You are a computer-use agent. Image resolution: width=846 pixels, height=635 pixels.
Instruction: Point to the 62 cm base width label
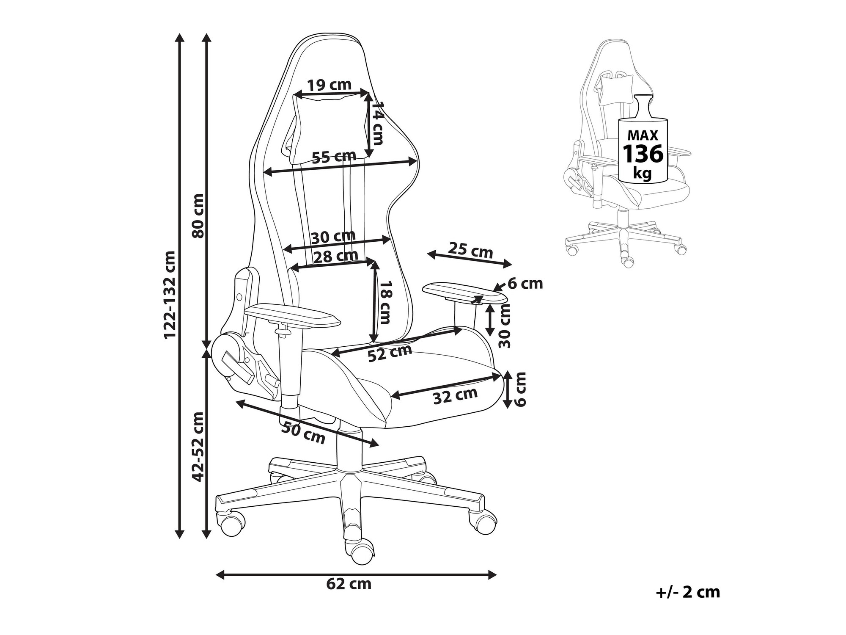click(x=349, y=584)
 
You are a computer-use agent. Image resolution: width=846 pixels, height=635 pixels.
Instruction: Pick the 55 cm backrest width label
click(x=334, y=157)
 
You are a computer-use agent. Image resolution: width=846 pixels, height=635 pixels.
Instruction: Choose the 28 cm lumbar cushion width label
click(x=335, y=256)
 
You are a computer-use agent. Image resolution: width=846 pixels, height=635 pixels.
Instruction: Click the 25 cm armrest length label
click(x=471, y=250)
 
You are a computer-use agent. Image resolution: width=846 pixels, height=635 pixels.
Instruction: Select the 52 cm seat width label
click(x=390, y=353)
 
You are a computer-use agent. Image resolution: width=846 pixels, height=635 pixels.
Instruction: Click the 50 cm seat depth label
click(x=303, y=432)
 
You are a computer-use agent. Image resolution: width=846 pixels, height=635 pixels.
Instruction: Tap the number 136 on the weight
click(x=643, y=154)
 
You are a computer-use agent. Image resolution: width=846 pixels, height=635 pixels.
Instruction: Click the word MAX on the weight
click(x=643, y=135)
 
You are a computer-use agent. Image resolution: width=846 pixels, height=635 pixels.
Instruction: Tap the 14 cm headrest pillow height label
click(x=376, y=123)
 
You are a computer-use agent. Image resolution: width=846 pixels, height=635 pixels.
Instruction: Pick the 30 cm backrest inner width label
click(x=333, y=236)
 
